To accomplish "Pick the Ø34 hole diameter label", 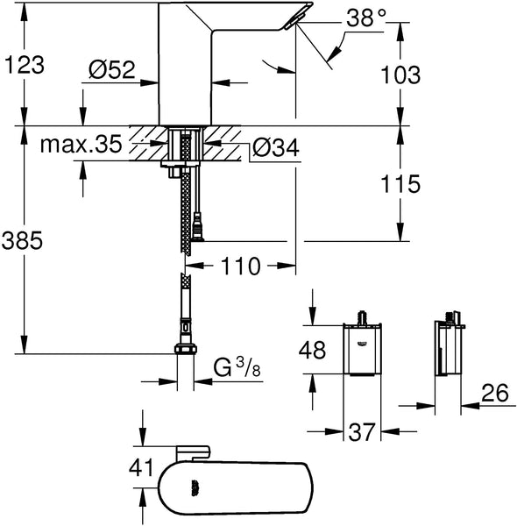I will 275,150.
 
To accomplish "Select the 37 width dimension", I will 360,432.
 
